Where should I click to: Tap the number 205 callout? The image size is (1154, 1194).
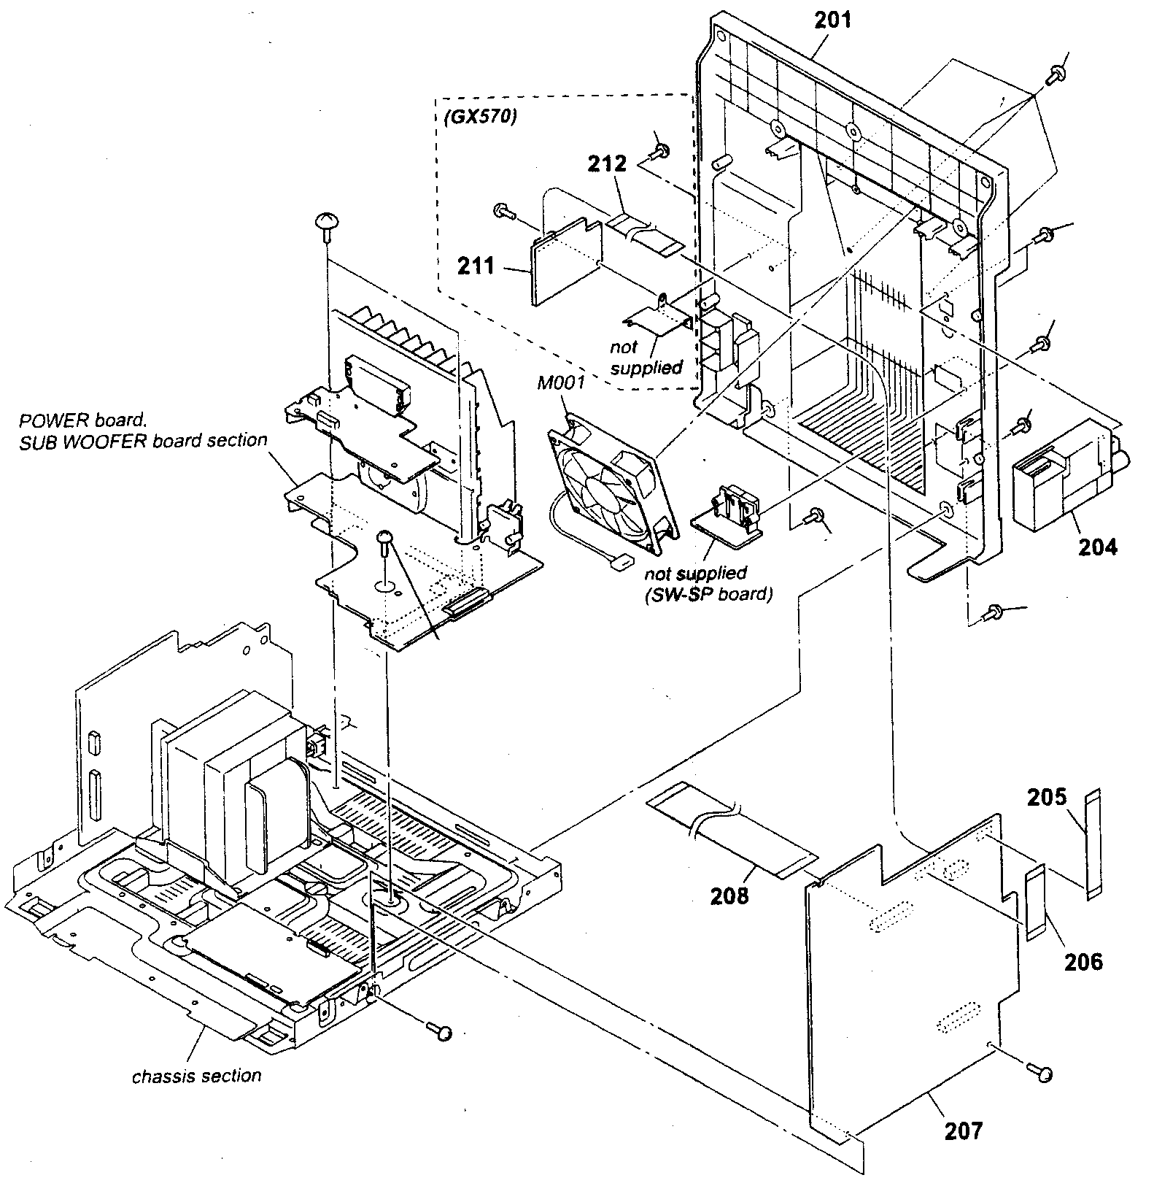pos(1047,798)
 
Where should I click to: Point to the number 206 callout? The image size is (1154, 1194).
pos(1083,963)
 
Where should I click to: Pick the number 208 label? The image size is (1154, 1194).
pos(729,895)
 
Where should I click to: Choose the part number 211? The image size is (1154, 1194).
pos(476,266)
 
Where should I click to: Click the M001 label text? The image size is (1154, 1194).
pos(561,382)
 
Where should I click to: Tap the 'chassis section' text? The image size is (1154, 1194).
pos(196,1076)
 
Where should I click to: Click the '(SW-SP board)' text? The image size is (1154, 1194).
pos(708,593)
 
